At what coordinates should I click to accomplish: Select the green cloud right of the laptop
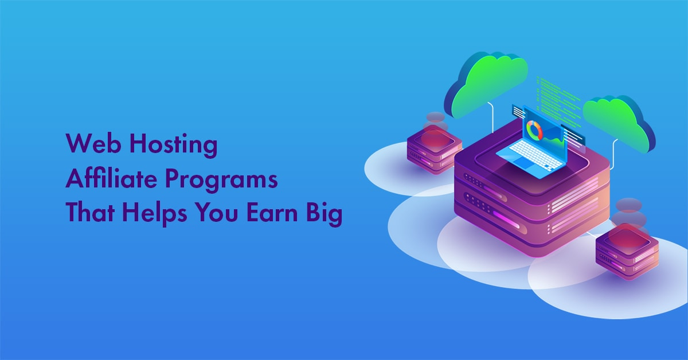point(619,123)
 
